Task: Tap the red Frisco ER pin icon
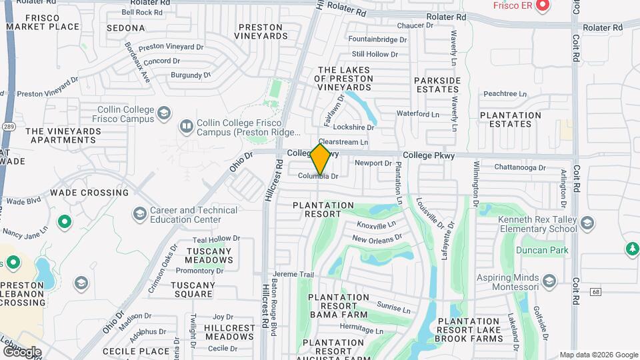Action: (x=542, y=6)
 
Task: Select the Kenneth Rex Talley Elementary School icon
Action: (x=587, y=223)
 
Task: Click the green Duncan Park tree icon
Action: (x=632, y=249)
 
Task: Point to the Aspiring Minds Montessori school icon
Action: (x=549, y=280)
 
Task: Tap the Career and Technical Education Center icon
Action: (x=139, y=213)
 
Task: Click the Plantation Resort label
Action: (x=323, y=210)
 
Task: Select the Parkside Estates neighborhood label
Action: (x=437, y=84)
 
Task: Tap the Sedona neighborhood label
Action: (x=125, y=28)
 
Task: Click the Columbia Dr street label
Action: (x=318, y=177)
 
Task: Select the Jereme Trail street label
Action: (x=293, y=275)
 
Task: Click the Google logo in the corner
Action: (x=22, y=351)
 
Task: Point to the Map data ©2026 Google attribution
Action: (x=599, y=355)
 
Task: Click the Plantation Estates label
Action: (x=511, y=119)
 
